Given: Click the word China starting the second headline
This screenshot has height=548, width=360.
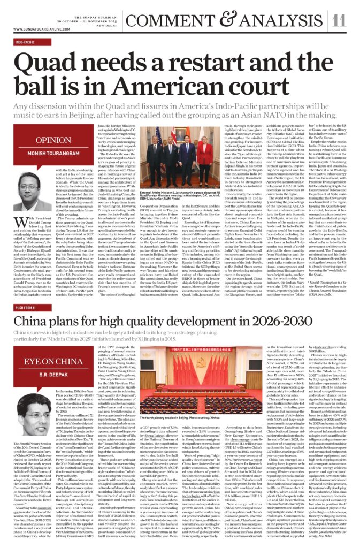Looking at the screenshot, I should coord(38,307).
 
